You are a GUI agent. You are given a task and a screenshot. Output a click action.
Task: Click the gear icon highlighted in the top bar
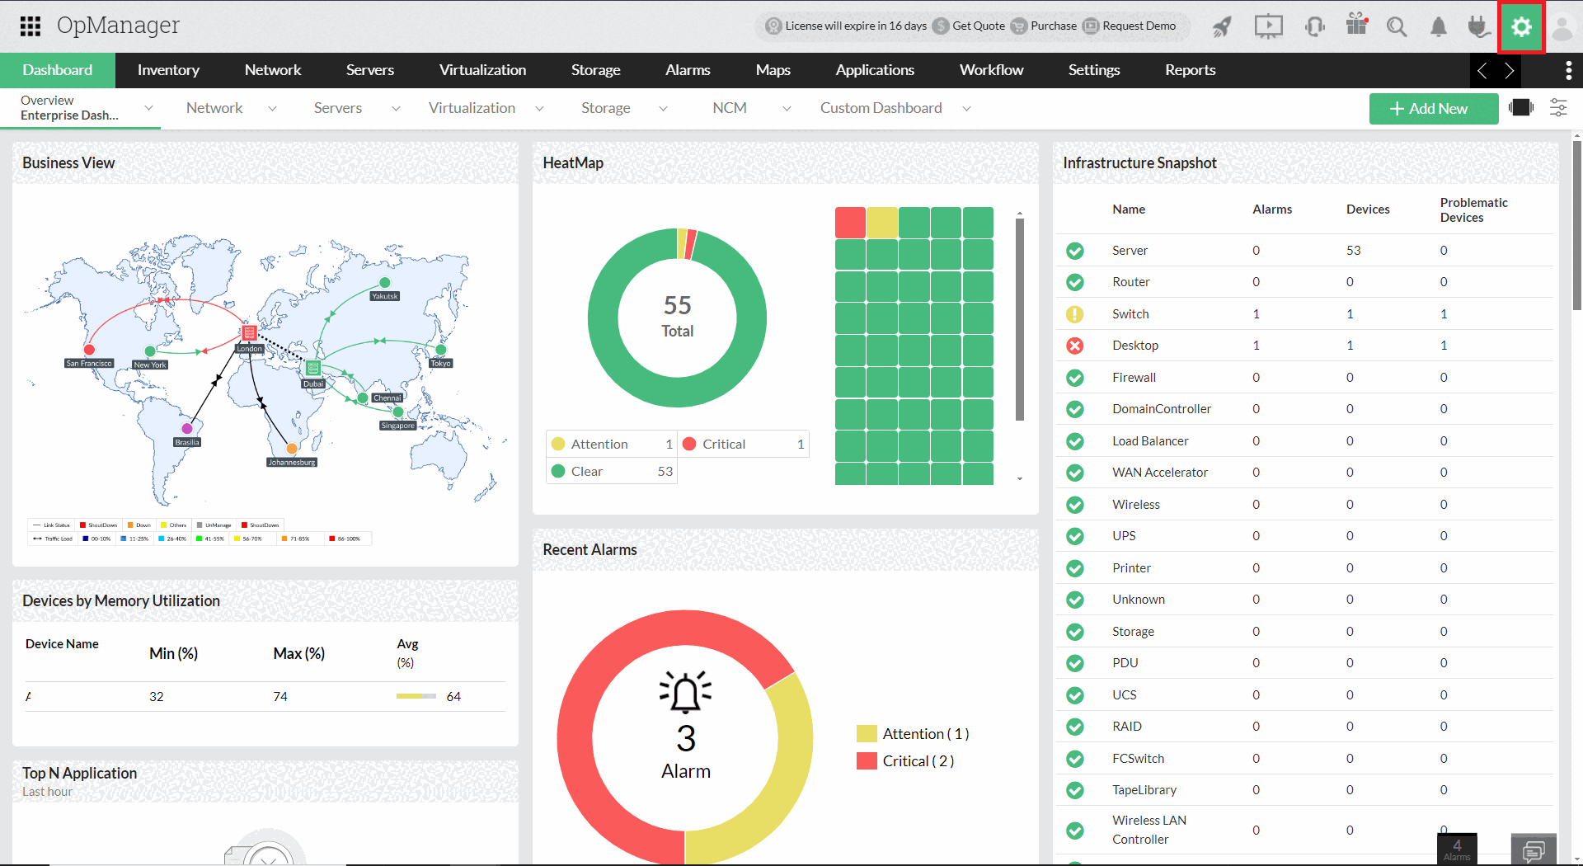(x=1521, y=27)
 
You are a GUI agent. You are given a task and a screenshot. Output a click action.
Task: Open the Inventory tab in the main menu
(x=168, y=70)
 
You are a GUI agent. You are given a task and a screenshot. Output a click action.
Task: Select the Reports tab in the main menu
(x=1190, y=70)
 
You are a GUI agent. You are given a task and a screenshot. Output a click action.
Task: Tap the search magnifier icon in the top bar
(x=1396, y=27)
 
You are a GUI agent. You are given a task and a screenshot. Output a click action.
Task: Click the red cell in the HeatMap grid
(x=850, y=223)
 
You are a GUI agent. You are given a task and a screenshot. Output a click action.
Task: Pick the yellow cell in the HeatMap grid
(x=882, y=223)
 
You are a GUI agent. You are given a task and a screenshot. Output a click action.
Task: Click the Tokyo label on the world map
(x=440, y=363)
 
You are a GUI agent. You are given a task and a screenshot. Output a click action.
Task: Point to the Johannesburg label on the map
(x=292, y=463)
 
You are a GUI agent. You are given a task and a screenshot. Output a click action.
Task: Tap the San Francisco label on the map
(x=89, y=363)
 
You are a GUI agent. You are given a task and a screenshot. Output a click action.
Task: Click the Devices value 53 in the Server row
(x=1353, y=251)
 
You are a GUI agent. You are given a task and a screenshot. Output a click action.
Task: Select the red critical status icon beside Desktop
(x=1075, y=346)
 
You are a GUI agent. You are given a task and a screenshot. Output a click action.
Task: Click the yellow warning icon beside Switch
(x=1075, y=314)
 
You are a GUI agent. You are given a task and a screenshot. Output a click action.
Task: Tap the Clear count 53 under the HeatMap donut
(x=665, y=472)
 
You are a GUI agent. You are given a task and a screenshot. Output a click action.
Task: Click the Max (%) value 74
(x=280, y=697)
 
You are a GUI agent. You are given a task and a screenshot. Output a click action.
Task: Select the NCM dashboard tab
(x=730, y=108)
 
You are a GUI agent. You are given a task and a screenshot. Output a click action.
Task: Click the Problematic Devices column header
(x=1473, y=210)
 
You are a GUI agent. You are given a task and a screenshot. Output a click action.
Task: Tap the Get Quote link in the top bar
(x=978, y=26)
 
